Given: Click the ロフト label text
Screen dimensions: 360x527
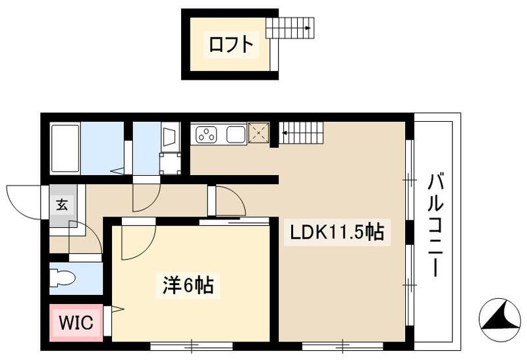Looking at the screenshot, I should (230, 45).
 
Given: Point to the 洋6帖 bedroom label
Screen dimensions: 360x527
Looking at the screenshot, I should (188, 286).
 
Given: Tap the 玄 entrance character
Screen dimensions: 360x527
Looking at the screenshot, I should (61, 204).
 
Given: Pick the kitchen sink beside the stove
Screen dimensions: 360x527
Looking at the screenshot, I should (236, 135).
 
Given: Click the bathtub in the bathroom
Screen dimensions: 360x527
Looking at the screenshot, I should (65, 148).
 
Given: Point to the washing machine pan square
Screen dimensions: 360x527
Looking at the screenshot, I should (170, 163).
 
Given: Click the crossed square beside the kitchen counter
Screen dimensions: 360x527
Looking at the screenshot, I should (259, 133).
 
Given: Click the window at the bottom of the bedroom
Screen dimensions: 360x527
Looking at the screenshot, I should (192, 344).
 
